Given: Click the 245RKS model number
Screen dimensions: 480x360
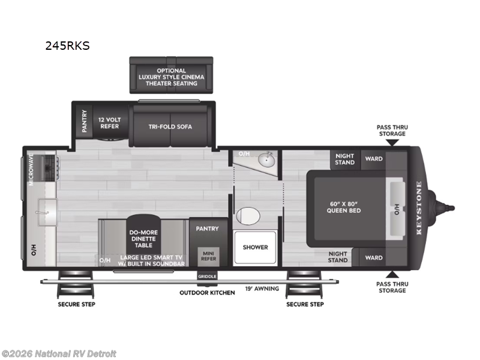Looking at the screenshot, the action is (x=67, y=46).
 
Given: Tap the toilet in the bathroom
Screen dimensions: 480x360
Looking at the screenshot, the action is (x=248, y=215).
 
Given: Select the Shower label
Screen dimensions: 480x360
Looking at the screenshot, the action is (x=256, y=247).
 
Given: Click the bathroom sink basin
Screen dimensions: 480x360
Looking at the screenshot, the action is (x=266, y=159).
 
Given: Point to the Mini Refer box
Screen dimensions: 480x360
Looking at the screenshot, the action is (x=208, y=256).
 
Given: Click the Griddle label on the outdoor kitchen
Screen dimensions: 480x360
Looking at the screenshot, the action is (x=207, y=277).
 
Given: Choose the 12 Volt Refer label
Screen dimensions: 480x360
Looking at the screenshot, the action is (x=110, y=123).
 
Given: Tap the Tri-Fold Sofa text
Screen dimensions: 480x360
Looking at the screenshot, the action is (x=170, y=127).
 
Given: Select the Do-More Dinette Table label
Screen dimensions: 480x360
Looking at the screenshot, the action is (x=143, y=239).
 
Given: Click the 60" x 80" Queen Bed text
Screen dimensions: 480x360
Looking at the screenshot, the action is (x=344, y=207).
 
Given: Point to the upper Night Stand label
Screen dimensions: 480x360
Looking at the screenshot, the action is (x=344, y=159).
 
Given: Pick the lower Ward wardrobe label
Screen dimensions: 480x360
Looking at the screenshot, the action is (x=374, y=258).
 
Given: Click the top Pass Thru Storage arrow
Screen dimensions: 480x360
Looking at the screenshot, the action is (x=392, y=142).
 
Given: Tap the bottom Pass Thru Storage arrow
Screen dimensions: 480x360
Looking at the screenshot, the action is (x=392, y=274).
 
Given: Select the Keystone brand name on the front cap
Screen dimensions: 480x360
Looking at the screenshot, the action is (x=419, y=208).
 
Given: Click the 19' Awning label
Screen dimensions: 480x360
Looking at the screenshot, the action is (x=262, y=289).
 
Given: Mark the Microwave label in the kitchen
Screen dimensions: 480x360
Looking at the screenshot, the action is (x=31, y=169).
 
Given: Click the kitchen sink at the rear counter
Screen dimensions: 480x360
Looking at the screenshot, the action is (x=47, y=212).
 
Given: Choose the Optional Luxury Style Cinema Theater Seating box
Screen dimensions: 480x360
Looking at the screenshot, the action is (x=171, y=76).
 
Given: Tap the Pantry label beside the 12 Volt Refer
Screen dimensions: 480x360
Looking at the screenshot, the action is (x=84, y=121).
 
